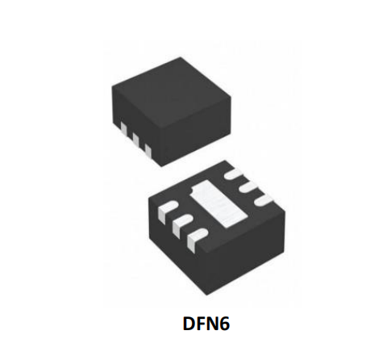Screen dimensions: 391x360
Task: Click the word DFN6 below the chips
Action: pyautogui.click(x=206, y=323)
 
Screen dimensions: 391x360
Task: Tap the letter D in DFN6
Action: pyautogui.click(x=189, y=323)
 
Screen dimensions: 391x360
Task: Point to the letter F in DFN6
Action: pyautogui.click(x=202, y=323)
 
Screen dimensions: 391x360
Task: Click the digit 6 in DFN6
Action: pyautogui.click(x=225, y=324)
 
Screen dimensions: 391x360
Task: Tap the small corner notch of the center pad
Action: pyautogui.click(x=192, y=191)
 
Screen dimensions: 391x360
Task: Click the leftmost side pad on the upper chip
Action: pyautogui.click(x=124, y=129)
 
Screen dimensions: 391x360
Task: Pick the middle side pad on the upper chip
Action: pyautogui.click(x=135, y=140)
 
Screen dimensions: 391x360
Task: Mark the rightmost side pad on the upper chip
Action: pyautogui.click(x=148, y=151)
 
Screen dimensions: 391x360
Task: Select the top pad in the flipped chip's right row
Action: pyautogui.click(x=233, y=174)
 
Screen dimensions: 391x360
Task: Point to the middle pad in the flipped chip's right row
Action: pyautogui.click(x=248, y=188)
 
